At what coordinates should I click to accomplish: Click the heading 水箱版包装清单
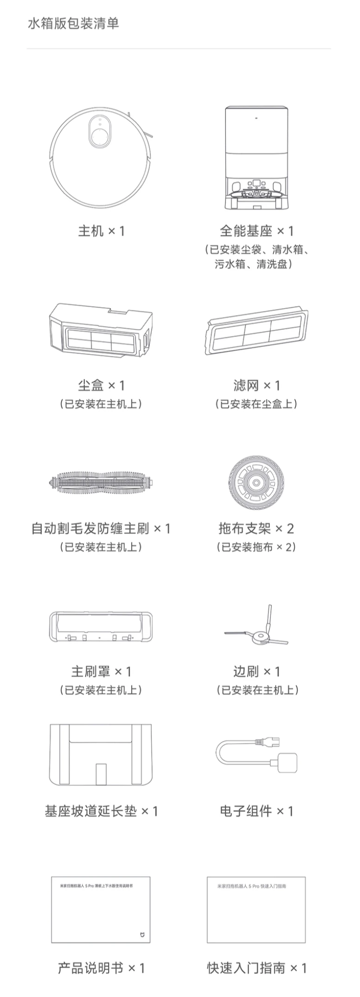click(x=73, y=24)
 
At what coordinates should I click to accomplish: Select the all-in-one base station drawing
click(x=256, y=158)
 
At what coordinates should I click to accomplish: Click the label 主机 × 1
click(x=101, y=231)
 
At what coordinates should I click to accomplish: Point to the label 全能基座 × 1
click(x=256, y=231)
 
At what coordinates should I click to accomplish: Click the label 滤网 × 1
click(x=256, y=385)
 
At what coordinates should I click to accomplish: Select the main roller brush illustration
click(x=101, y=483)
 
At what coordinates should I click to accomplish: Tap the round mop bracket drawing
click(x=255, y=482)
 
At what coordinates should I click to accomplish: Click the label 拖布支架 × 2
click(x=256, y=528)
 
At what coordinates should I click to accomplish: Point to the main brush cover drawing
click(x=101, y=627)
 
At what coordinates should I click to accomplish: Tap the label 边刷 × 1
click(x=256, y=671)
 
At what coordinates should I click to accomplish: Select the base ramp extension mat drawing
click(x=101, y=754)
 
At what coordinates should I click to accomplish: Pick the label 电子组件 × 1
click(x=256, y=811)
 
